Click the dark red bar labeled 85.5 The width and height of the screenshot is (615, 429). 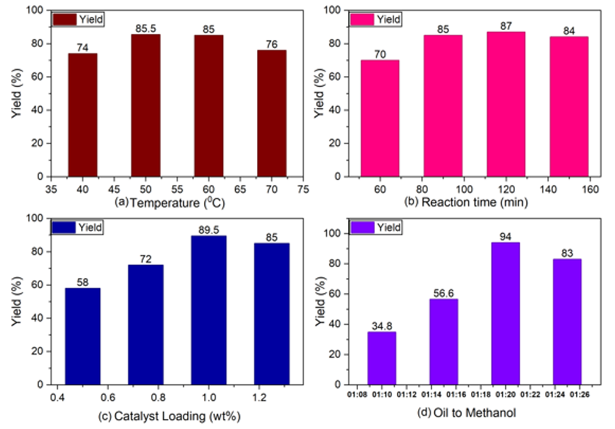click(145, 105)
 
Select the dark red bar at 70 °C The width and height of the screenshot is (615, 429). click(272, 113)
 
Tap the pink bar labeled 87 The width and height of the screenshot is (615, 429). click(506, 104)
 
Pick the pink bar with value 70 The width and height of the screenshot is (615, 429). click(380, 118)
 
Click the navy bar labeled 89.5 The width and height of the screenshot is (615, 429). click(209, 310)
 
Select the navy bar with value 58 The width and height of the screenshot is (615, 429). click(83, 337)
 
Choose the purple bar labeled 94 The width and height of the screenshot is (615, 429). click(506, 314)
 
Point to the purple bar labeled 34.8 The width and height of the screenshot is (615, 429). click(382, 359)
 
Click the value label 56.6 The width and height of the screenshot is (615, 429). click(444, 293)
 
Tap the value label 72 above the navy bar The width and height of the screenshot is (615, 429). click(145, 259)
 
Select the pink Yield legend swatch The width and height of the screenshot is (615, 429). click(362, 20)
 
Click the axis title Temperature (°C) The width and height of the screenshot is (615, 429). click(177, 202)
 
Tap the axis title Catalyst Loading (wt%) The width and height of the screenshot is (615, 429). click(177, 416)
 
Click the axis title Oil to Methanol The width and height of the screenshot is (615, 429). click(475, 413)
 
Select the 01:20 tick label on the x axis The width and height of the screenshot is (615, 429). click(506, 395)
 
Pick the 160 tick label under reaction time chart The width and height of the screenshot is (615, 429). click(590, 190)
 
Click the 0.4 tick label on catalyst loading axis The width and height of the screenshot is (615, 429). click(58, 398)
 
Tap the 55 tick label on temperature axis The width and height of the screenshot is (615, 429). click(177, 190)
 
